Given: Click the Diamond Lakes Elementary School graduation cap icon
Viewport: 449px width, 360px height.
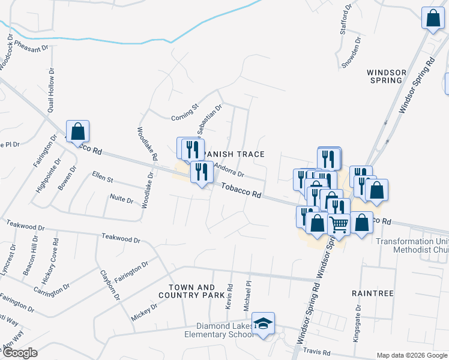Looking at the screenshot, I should (263, 323).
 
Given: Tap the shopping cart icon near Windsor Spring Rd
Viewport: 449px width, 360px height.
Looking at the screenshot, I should (339, 224).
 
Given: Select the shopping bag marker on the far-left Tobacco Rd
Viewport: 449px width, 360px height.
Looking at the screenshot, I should (77, 131).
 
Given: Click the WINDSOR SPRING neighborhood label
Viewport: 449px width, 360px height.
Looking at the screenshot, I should (387, 76).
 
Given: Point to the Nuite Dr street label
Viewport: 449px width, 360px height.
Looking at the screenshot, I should (122, 198).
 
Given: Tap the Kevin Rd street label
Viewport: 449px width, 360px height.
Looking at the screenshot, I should (229, 297).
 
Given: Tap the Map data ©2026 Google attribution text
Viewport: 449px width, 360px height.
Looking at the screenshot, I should (412, 355).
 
